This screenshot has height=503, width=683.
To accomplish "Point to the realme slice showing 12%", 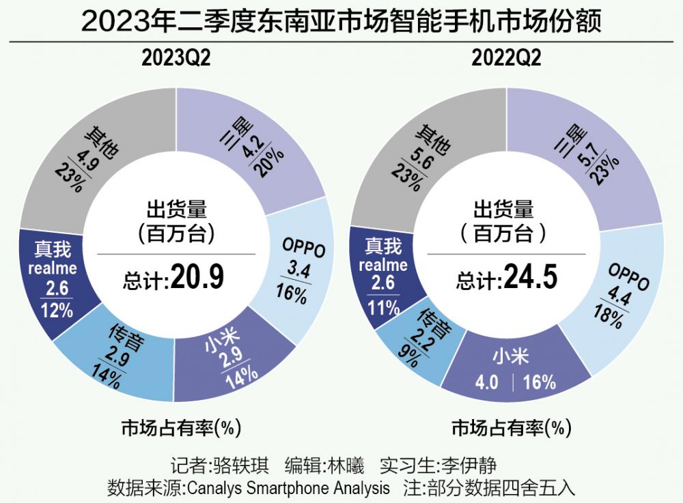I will click(x=53, y=280).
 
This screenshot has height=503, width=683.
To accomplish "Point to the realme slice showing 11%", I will click(x=382, y=273).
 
